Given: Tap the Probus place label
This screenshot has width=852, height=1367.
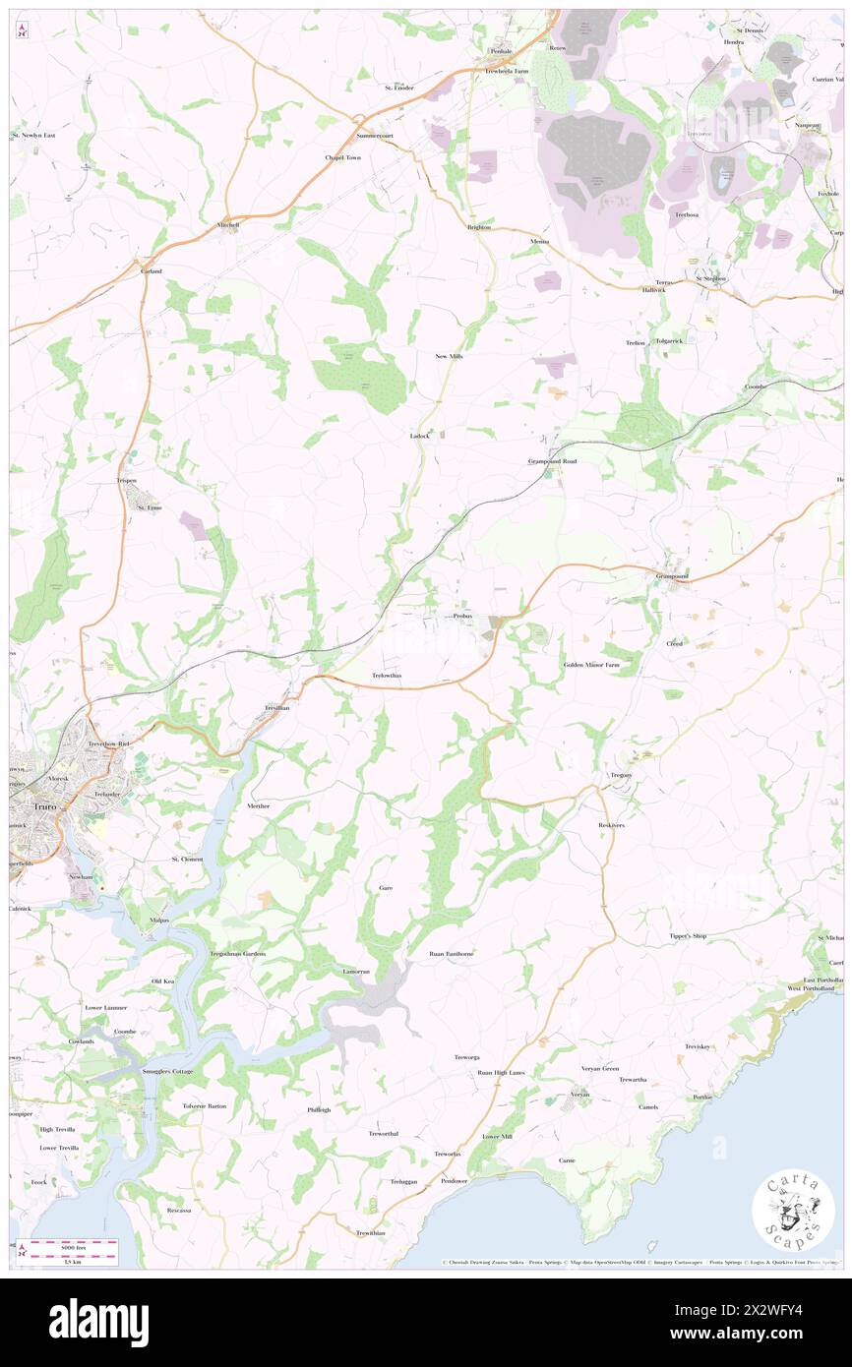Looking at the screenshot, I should point(464,616).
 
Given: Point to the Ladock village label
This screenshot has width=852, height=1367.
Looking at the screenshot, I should point(420,435).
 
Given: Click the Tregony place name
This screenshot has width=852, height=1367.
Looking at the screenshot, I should point(621,775).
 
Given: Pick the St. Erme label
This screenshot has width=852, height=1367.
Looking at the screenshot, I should point(148,507).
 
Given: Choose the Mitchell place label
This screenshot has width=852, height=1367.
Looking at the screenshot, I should point(228,224).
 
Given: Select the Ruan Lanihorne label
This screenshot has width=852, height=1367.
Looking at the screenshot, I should point(452,954).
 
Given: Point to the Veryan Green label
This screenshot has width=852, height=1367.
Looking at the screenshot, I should point(598,1068).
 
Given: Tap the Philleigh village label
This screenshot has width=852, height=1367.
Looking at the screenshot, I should point(319,1108).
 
